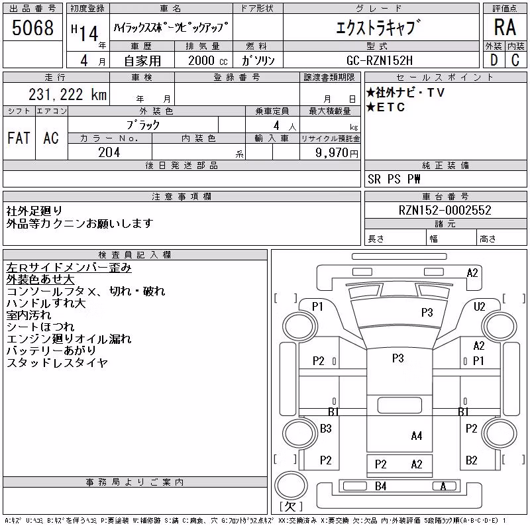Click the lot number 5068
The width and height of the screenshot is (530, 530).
coord(32,28)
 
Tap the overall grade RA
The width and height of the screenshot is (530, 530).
coord(505,27)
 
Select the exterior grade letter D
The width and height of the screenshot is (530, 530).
coord(494,60)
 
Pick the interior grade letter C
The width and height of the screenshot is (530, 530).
coord(515,60)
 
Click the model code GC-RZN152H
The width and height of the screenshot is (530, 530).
coord(379,60)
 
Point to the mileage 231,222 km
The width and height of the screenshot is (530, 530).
coord(68,94)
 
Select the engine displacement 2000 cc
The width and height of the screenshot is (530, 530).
coord(207,60)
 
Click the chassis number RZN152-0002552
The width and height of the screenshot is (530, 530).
coord(445,210)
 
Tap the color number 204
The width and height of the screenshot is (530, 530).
coord(109,152)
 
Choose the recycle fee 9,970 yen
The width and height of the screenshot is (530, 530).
coord(337,153)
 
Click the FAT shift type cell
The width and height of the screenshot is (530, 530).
coord(19,138)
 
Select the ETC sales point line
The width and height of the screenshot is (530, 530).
coord(386,107)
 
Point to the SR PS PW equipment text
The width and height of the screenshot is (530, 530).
coord(394,179)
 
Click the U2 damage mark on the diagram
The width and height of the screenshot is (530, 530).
coord(479,307)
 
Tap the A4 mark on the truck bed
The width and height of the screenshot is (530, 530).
coord(417,436)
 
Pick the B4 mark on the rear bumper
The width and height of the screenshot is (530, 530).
coord(380,486)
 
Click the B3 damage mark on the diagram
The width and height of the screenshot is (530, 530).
coord(326,429)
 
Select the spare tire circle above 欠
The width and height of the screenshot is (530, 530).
coord(291,486)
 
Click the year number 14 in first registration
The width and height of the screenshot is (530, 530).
coord(89,33)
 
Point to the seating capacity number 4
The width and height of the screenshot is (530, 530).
coord(276,126)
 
